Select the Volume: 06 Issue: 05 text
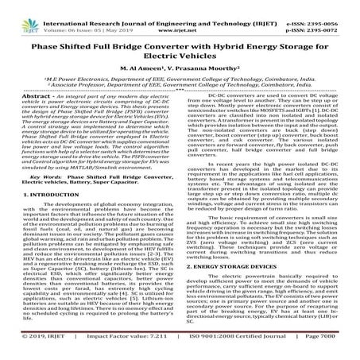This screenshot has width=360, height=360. [x=80, y=16]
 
